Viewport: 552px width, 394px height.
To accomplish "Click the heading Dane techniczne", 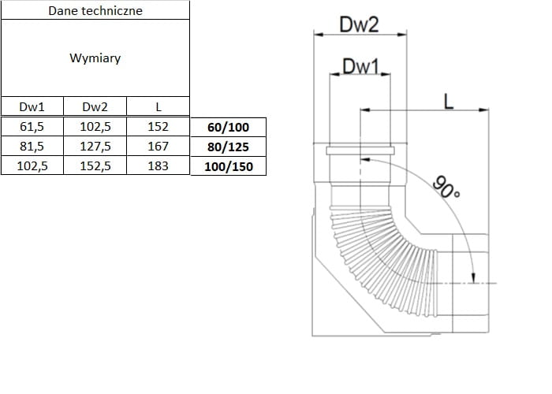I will click(95, 11).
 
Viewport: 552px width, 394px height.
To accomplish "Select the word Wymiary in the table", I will click(95, 58).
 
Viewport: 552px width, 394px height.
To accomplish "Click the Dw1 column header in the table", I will click(31, 107).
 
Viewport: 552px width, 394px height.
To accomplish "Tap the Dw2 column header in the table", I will click(95, 107).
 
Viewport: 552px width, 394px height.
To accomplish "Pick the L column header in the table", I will click(159, 107).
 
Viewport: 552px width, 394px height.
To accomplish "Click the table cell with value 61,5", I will click(31, 126).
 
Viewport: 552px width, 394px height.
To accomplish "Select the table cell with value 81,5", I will click(31, 146).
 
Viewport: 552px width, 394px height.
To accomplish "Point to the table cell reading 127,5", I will click(95, 146).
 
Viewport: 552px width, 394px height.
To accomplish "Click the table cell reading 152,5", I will click(95, 166).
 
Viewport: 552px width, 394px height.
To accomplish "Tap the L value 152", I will click(159, 126).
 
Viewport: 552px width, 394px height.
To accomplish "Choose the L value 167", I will click(159, 146).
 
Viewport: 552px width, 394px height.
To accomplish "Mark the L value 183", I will click(159, 166).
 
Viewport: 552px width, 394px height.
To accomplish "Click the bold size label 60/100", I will click(227, 127).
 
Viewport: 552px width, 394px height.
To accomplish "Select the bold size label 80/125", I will click(227, 147).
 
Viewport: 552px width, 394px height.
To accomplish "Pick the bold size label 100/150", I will click(227, 166).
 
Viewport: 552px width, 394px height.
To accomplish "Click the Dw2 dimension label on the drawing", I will click(360, 24).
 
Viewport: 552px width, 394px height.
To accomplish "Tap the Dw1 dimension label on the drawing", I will click(360, 67).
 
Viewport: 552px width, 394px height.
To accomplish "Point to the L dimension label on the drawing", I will click(448, 100).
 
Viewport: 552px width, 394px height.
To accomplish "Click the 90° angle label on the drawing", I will click(446, 186).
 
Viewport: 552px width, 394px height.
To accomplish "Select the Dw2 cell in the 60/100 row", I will click(95, 126).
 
